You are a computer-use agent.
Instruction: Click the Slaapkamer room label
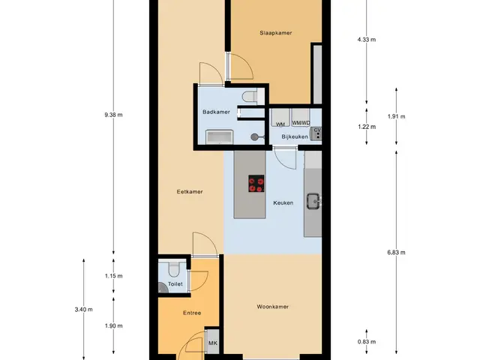[x=275, y=33]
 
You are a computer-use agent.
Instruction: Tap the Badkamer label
[x=216, y=112]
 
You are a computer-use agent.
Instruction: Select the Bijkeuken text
[x=295, y=136]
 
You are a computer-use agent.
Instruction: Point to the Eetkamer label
[x=190, y=192]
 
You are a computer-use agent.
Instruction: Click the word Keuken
[x=283, y=202]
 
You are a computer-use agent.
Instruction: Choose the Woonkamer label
[x=273, y=307]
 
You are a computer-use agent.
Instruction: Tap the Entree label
[x=192, y=313]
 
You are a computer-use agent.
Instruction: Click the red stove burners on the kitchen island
[x=256, y=183]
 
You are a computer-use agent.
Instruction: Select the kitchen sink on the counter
[x=313, y=201]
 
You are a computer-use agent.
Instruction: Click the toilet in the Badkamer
[x=250, y=97]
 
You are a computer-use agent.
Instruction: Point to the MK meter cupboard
[x=212, y=343]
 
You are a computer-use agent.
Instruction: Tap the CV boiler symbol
[x=316, y=133]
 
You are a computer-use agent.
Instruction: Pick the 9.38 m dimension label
[x=113, y=115]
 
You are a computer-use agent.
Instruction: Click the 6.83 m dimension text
[x=396, y=252]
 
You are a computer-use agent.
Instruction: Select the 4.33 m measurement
[x=367, y=40]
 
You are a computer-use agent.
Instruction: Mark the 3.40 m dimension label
[x=83, y=310]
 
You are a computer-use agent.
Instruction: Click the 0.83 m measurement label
[x=367, y=342]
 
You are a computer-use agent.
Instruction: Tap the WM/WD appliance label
[x=301, y=123]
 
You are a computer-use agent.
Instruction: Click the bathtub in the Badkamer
[x=219, y=136]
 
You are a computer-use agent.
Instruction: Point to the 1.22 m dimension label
[x=367, y=127]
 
